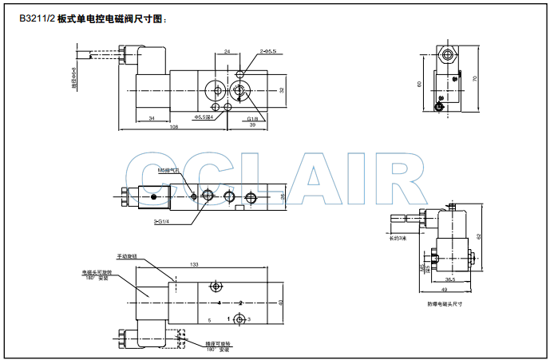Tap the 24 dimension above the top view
click(228, 51)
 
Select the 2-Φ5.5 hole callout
click(268, 51)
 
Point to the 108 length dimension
click(174, 128)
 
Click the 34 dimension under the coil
click(152, 118)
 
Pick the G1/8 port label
click(253, 117)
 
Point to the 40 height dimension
click(282, 302)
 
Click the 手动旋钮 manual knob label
click(127, 256)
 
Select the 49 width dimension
click(444, 289)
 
